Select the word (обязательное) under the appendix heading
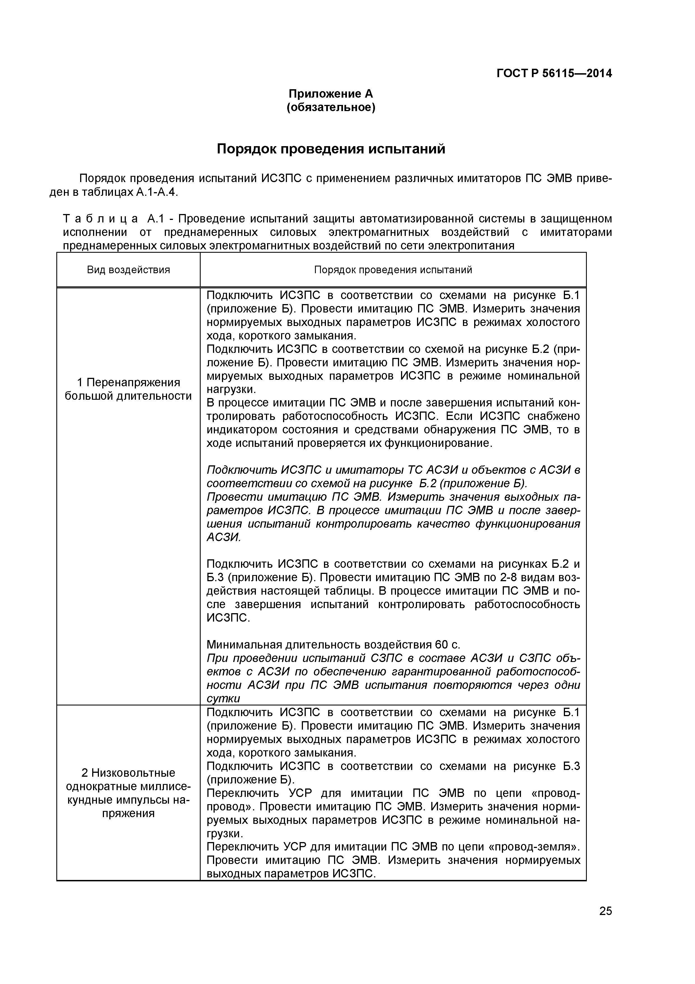click(331, 107)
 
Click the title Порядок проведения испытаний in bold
click(331, 149)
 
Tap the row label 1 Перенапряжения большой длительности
click(128, 389)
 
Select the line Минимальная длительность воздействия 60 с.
click(333, 645)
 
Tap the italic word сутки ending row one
click(223, 698)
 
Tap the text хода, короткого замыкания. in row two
click(281, 753)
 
